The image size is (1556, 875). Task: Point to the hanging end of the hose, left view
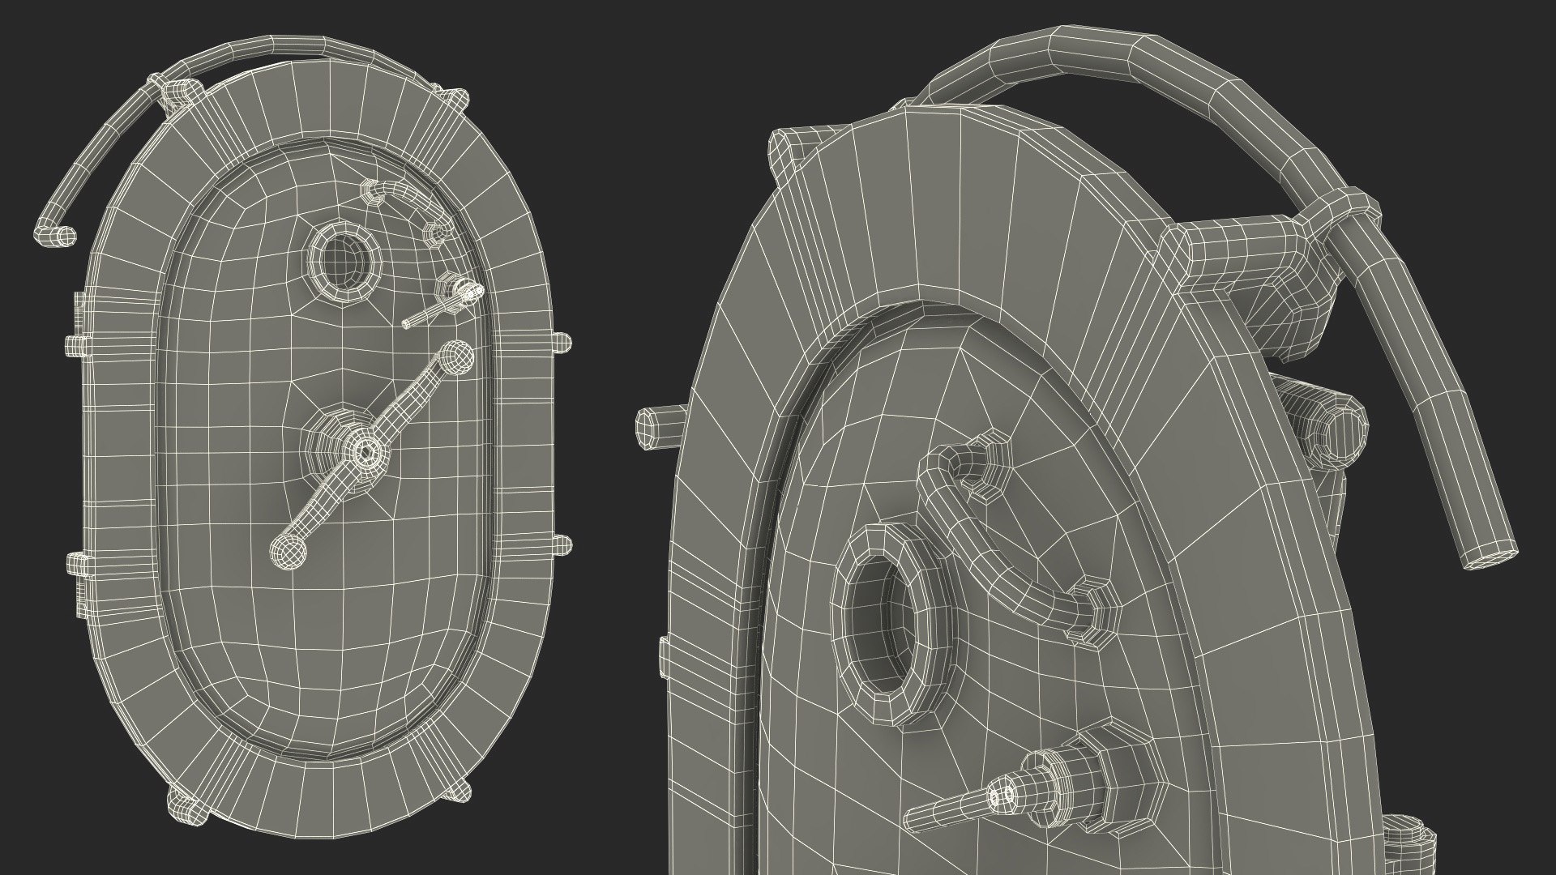click(x=55, y=236)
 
